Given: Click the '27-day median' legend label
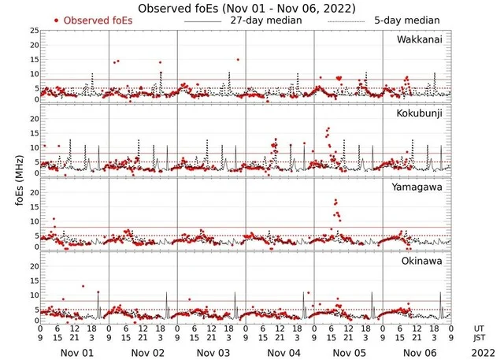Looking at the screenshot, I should [266, 20].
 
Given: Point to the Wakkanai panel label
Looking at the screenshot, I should [417, 39].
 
